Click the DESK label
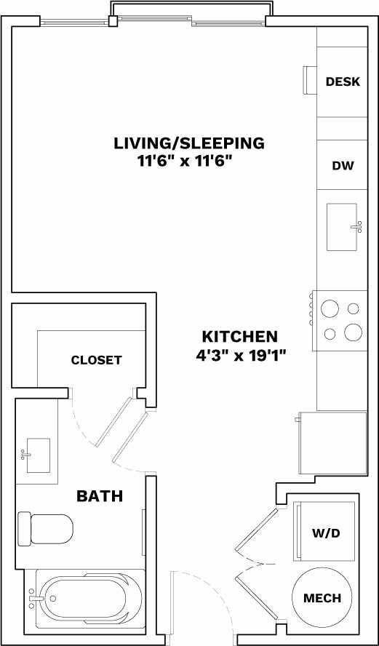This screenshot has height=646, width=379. pos(343,81)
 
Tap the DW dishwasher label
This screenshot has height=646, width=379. pos(343,165)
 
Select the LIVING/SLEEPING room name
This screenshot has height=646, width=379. pos(189,143)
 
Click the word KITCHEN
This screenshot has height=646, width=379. pos(239,337)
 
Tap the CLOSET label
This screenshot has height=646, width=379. pos(96,360)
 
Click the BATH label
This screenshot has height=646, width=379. pos(100,497)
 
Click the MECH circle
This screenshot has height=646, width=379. pos(322,598)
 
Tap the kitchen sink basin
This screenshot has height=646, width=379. pos(341,227)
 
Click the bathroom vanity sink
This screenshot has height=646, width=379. pos(38,455)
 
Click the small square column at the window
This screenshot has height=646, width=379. pos(113,22)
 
